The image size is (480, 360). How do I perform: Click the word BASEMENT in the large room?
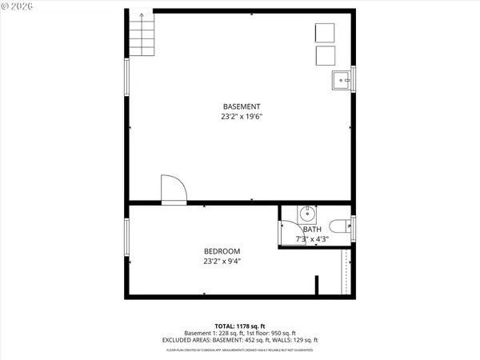coord(242,106)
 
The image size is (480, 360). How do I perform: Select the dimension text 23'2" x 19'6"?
coord(242,117)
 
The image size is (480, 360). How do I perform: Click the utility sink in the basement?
coord(342,79)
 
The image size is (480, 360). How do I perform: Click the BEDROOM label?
coord(222,250)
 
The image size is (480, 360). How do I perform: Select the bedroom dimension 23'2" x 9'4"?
coord(222,260)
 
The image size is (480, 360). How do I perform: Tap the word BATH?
coord(312,230)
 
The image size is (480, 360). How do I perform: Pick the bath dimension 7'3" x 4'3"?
coord(312,239)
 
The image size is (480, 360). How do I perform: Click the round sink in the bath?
coord(309,214)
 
